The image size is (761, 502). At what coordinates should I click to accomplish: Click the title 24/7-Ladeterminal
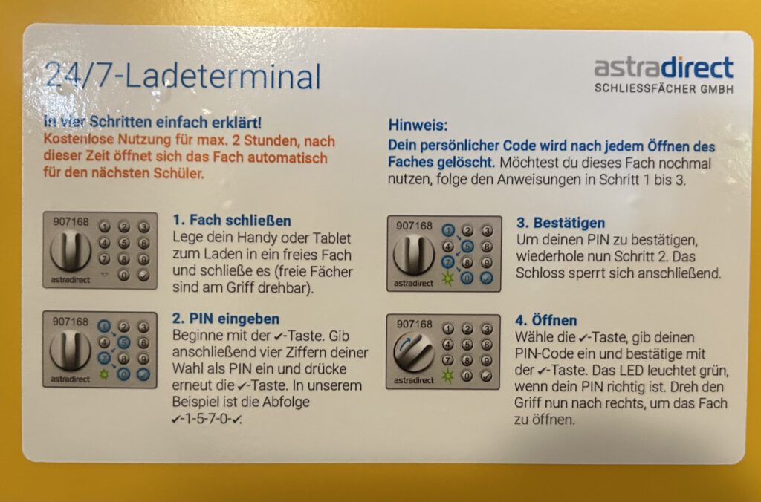183,76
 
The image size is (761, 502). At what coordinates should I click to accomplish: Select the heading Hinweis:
418,125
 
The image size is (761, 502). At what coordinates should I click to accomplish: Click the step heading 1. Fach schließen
232,221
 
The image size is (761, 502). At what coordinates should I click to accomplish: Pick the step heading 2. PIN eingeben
226,319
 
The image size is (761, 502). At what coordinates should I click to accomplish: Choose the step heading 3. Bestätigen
560,223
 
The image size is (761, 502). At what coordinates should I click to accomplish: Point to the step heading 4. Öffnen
546,320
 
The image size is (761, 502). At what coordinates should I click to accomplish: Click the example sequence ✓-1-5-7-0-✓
207,419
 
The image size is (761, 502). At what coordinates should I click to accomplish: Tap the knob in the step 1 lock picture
71,250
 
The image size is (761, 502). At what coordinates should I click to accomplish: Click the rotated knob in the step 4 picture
414,352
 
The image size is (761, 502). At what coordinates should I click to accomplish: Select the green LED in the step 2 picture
104,374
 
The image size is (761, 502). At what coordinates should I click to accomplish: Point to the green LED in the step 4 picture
447,376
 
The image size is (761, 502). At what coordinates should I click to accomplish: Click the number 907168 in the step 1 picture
71,221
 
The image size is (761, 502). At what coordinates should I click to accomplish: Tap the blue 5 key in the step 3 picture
467,247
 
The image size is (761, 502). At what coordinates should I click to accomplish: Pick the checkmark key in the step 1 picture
143,275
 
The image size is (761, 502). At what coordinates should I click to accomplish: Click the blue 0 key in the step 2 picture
124,374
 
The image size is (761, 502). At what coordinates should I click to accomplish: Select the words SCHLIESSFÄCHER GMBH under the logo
664,89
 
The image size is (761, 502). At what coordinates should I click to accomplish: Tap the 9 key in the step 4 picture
486,360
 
